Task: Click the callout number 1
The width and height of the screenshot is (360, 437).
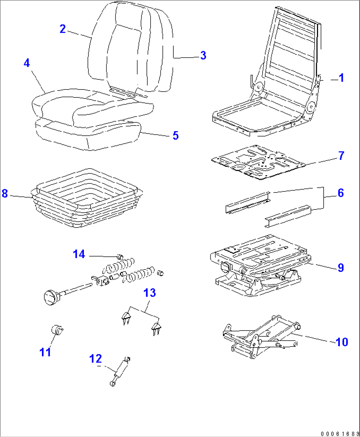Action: point(341,78)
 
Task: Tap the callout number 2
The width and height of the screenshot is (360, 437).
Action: point(62,29)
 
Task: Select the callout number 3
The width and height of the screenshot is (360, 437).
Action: point(203,55)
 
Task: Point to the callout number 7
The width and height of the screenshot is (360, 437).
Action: point(341,156)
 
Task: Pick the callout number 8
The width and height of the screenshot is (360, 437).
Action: point(5,193)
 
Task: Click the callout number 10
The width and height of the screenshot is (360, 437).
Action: point(342,342)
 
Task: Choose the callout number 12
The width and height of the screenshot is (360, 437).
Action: point(95,359)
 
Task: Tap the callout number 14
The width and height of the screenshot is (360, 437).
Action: point(79,254)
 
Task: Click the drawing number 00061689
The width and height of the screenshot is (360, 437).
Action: point(339,433)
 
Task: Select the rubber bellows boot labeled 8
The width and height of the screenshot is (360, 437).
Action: point(88,201)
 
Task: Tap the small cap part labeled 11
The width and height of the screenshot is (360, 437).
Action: point(57,330)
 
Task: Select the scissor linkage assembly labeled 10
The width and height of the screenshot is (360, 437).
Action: point(261,337)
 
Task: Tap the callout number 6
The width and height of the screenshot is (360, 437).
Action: point(341,193)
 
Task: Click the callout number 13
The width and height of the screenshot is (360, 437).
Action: point(150,293)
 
